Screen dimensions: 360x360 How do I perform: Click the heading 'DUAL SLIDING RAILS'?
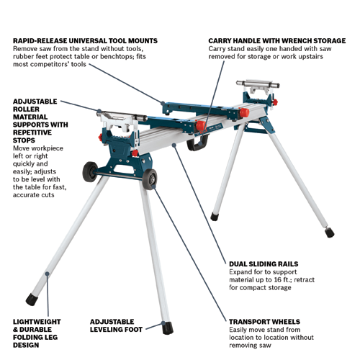[264, 264]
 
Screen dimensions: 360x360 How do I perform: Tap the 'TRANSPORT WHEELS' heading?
[264, 322]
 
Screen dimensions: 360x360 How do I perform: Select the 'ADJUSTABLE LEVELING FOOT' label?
[116, 325]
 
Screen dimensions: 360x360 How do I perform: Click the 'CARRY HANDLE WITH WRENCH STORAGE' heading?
[277, 41]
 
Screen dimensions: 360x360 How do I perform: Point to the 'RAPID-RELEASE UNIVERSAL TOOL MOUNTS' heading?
[85, 41]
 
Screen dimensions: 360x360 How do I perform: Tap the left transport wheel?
[90, 171]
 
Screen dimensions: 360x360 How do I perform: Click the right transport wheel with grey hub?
[149, 179]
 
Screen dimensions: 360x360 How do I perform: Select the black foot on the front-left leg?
[32, 300]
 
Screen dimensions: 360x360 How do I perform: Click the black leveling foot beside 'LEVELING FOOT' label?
[168, 328]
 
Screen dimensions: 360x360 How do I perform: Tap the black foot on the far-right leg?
[330, 233]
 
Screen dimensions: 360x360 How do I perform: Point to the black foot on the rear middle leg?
[215, 216]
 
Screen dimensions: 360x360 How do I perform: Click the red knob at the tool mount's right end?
[244, 112]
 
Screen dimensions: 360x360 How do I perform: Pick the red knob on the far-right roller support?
[275, 102]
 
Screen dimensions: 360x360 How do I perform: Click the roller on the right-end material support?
[258, 84]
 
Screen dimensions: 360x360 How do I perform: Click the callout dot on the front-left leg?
[48, 274]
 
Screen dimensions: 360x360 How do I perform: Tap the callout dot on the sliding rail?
[174, 145]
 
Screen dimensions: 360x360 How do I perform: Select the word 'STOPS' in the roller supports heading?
[24, 140]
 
